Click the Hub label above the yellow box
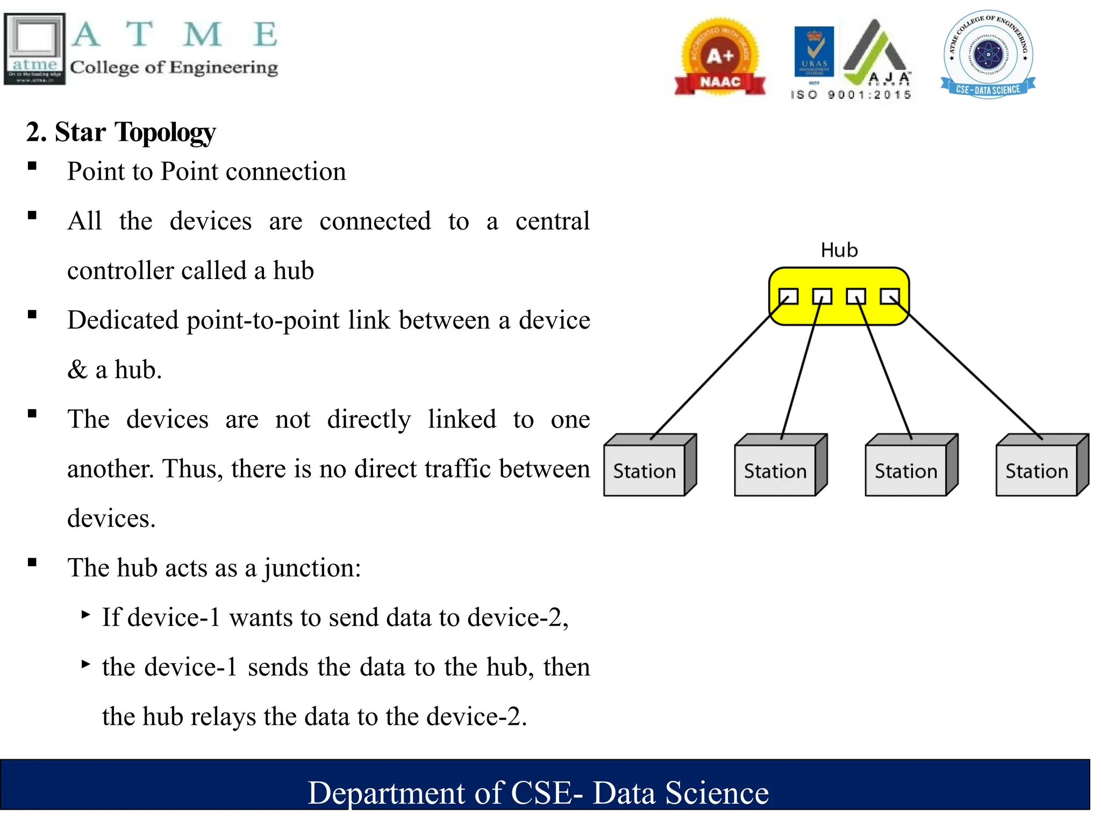pyautogui.click(x=839, y=251)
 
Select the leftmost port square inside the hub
pyautogui.click(x=789, y=296)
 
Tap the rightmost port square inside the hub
pyautogui.click(x=890, y=296)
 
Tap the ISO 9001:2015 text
pyautogui.click(x=851, y=95)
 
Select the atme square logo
pyautogui.click(x=35, y=49)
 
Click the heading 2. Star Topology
pyautogui.click(x=121, y=132)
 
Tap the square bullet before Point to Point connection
pyautogui.click(x=32, y=166)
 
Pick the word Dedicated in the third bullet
pyautogui.click(x=123, y=321)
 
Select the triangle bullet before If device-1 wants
pyautogui.click(x=85, y=614)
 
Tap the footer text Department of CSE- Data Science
pyautogui.click(x=538, y=793)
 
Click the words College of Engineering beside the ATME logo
pyautogui.click(x=174, y=68)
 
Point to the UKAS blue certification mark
pyautogui.click(x=814, y=53)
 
